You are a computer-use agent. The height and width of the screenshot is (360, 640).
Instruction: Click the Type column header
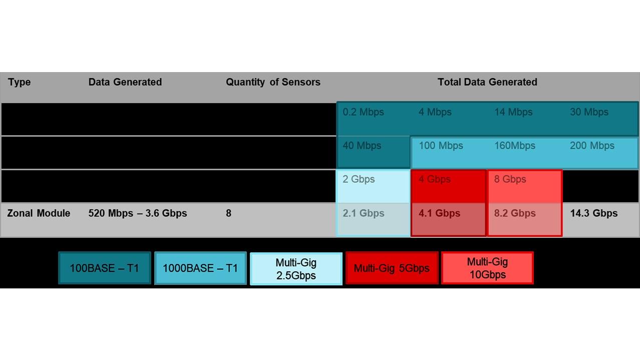tap(19, 82)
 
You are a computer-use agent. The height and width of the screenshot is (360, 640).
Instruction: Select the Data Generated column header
tap(125, 82)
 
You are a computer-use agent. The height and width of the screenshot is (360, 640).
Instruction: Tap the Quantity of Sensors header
tap(273, 82)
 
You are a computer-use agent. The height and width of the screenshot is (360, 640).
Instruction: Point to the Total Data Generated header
tap(487, 82)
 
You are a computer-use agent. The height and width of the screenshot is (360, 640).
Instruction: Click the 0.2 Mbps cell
tap(363, 112)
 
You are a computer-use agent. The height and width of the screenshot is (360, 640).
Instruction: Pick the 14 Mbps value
tap(513, 112)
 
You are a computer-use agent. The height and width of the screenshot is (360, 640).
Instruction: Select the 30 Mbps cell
tap(589, 112)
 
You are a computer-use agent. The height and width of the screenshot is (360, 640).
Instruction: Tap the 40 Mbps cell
tap(362, 146)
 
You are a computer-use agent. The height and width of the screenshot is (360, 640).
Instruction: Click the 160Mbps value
tap(515, 146)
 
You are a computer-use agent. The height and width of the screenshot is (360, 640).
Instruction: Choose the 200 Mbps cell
tap(592, 146)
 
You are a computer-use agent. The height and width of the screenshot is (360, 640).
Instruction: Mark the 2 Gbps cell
tap(359, 179)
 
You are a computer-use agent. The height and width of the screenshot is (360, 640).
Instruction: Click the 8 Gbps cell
tap(510, 179)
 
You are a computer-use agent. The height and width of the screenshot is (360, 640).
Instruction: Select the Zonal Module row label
tap(39, 213)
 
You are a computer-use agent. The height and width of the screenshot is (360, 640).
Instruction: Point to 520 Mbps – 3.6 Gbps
tap(138, 213)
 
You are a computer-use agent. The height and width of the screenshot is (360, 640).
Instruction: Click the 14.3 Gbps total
tap(593, 213)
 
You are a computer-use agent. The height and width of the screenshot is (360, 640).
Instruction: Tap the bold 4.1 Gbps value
tap(439, 213)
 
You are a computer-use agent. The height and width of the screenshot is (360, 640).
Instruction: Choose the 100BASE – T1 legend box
tap(104, 268)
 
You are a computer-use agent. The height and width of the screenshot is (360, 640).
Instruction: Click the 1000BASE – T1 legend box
tap(200, 268)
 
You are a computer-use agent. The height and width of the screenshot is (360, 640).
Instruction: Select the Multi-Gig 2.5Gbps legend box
tap(296, 268)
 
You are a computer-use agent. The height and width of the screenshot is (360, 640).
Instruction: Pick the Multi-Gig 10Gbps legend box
tap(487, 268)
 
